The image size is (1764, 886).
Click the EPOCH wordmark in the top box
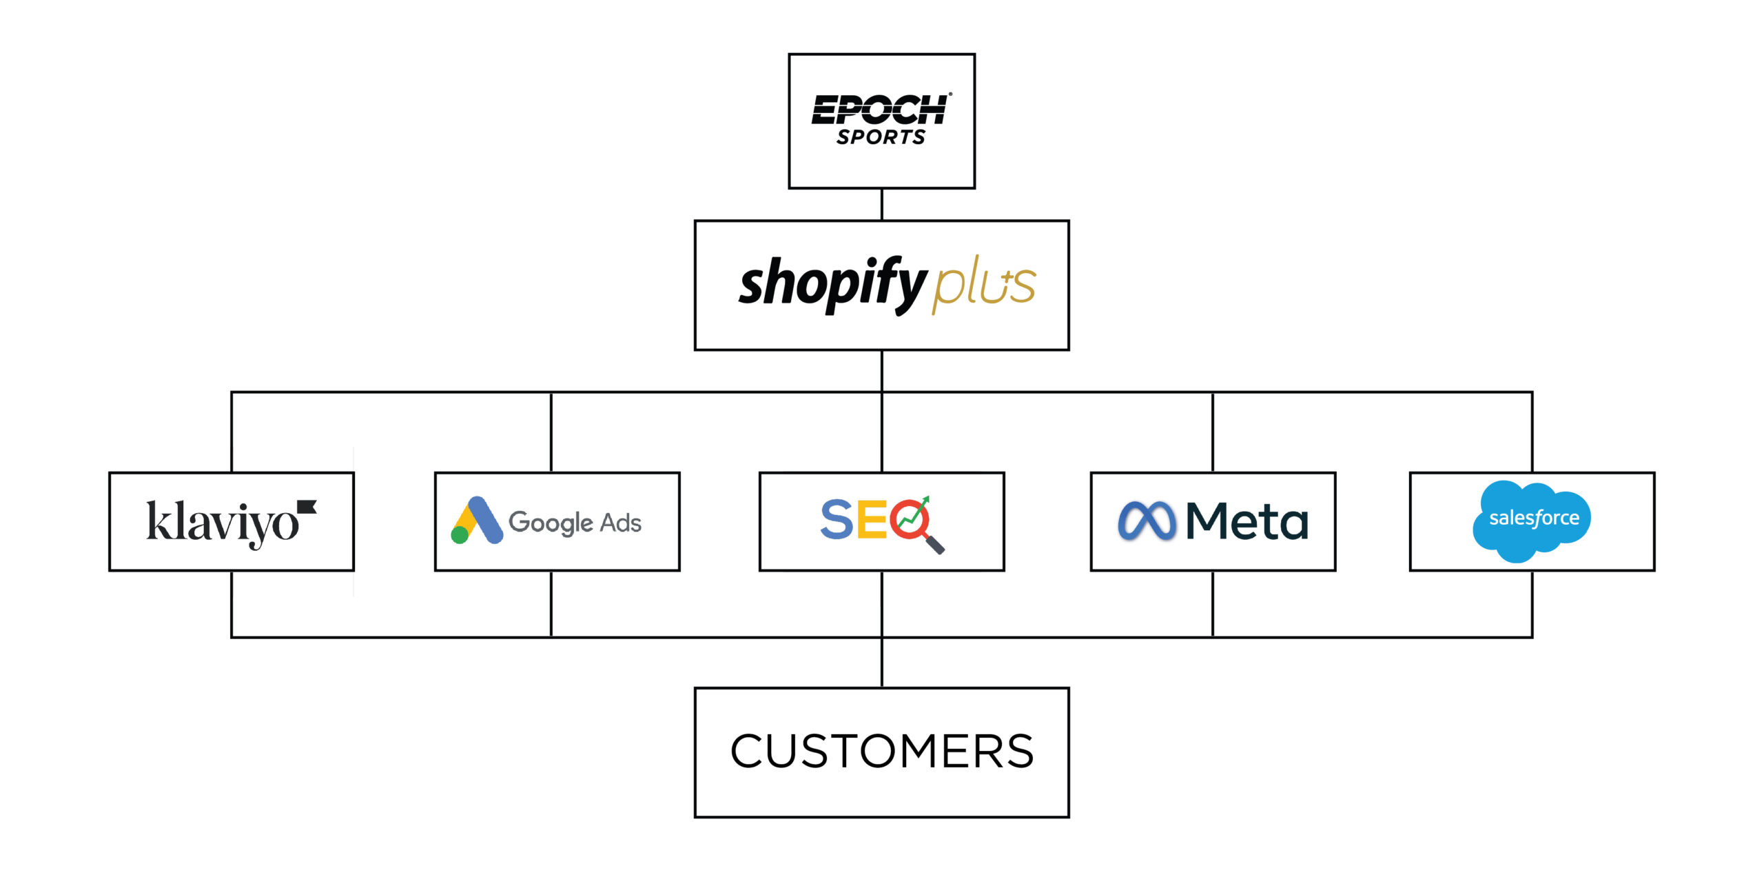click(880, 110)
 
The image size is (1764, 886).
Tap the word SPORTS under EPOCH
click(881, 137)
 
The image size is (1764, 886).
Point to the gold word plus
click(983, 283)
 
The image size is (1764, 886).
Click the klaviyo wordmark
click(222, 523)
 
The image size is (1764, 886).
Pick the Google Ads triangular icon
click(476, 521)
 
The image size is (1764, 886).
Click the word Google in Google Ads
click(550, 523)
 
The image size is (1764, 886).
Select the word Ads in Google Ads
click(621, 523)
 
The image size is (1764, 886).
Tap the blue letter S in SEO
click(837, 519)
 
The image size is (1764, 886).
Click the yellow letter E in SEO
click(871, 519)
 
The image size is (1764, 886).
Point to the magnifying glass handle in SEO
click(935, 545)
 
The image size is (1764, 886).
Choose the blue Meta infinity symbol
click(1147, 521)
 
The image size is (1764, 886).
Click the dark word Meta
click(1247, 521)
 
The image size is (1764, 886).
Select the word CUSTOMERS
click(882, 752)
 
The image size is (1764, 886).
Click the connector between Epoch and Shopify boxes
click(882, 204)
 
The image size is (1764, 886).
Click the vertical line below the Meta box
click(1213, 603)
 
